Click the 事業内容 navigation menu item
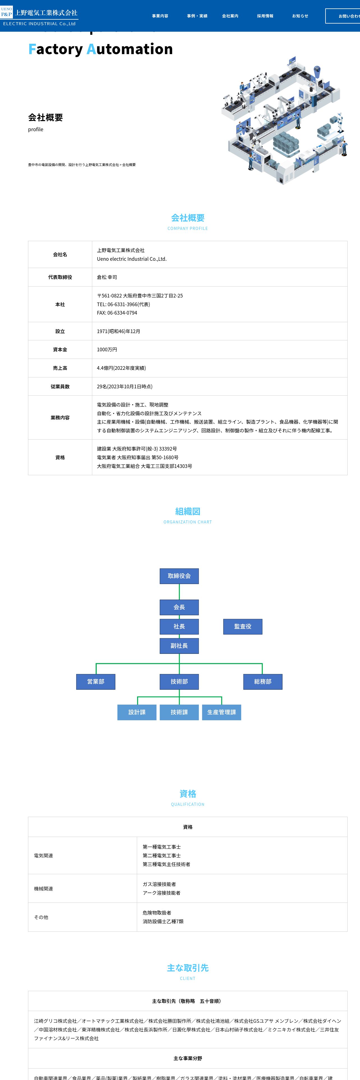160,16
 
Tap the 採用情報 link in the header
265,16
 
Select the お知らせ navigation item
300,16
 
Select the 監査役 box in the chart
243,626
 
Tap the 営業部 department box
96,682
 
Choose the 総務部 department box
263,682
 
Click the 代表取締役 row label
60,277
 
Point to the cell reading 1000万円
107,350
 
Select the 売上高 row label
60,368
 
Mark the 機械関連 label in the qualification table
43,889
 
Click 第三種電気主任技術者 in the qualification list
166,864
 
